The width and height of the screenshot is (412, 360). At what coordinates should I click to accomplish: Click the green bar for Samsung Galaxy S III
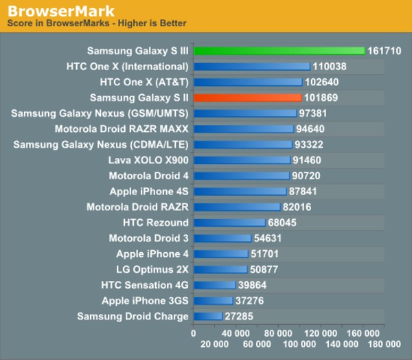[x=279, y=51]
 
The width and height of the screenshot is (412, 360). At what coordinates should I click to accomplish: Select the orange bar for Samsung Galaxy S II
[x=247, y=98]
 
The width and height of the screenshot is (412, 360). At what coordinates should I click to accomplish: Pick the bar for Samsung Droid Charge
[x=208, y=316]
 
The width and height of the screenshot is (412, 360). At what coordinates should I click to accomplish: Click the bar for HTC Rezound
[x=229, y=223]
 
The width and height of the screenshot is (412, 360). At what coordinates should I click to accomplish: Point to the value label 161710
[x=385, y=51]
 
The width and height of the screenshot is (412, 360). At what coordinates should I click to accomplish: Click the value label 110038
[x=329, y=67]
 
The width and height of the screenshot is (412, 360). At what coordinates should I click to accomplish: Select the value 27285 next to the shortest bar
[x=240, y=316]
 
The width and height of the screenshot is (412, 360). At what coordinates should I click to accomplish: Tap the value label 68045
[x=284, y=223]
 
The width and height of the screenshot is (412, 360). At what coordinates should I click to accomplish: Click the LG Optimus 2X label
[x=152, y=269]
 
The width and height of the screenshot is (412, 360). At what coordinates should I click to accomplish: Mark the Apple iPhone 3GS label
[x=145, y=300]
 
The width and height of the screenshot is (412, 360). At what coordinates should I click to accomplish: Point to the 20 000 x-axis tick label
[x=214, y=343]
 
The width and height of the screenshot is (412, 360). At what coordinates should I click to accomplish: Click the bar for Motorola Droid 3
[x=222, y=238]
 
